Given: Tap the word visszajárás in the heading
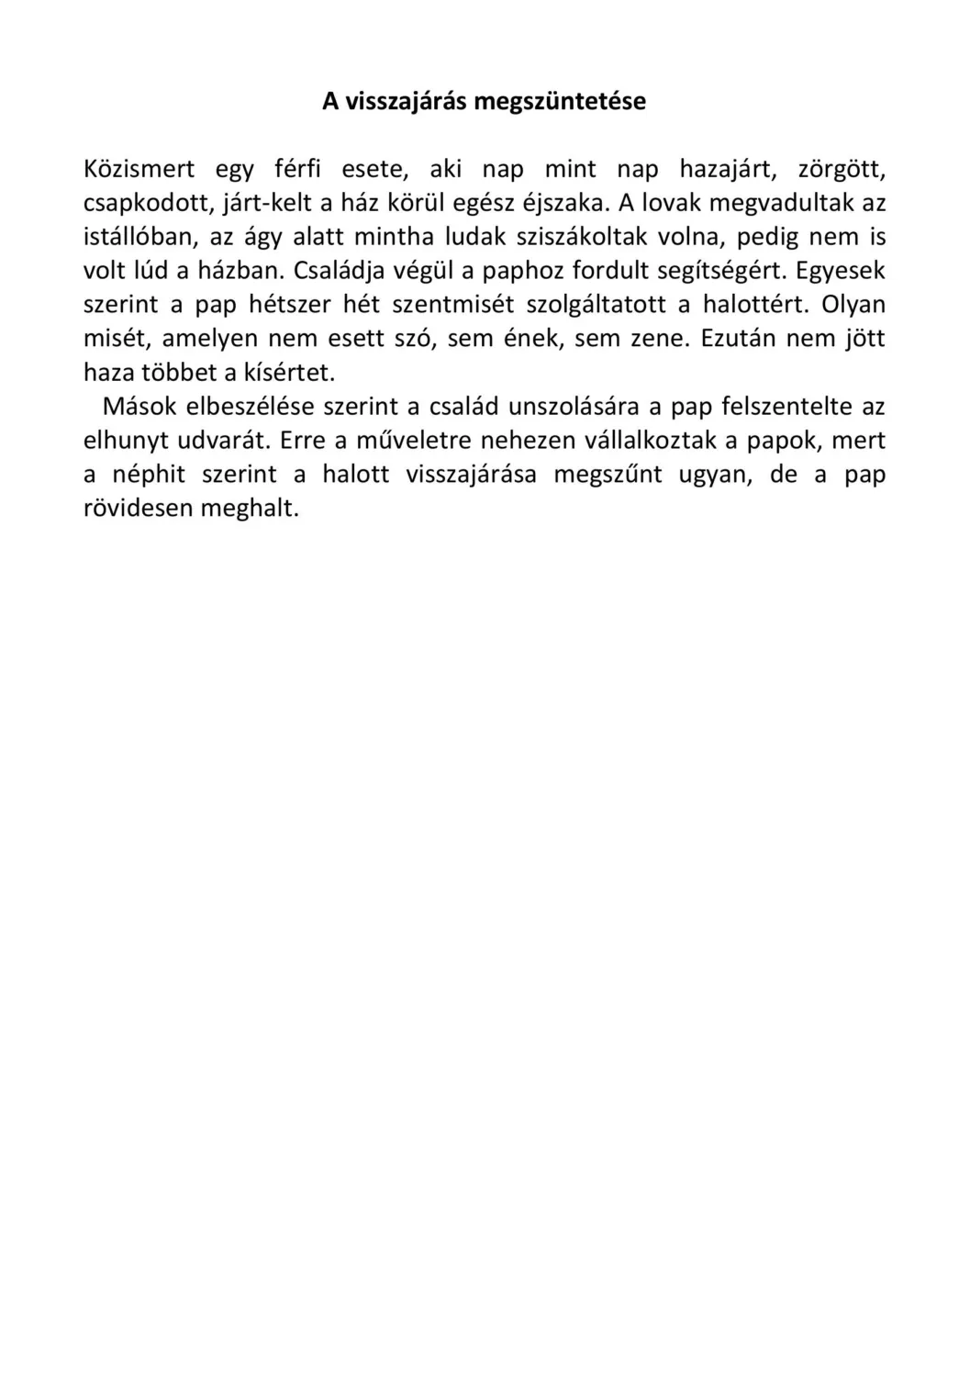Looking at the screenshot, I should (403, 101).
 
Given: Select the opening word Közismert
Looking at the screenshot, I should (139, 170).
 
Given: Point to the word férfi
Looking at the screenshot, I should (297, 170).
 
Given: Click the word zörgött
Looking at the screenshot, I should (842, 170).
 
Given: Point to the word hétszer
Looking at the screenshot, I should (289, 305).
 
